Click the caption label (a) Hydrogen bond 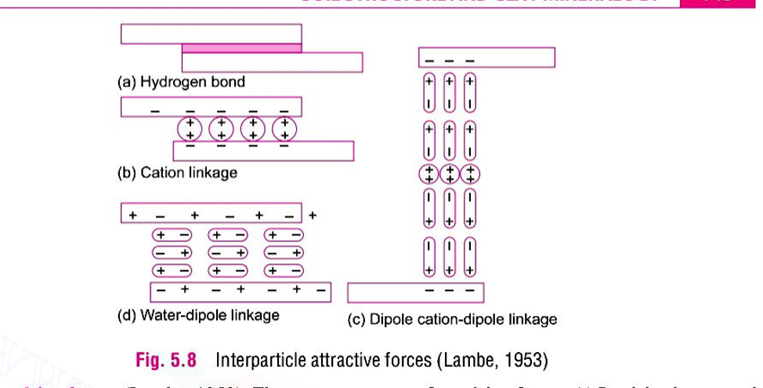coord(181,81)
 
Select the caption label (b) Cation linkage coord(177,172)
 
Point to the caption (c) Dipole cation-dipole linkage coord(452,319)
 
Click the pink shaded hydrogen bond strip coord(241,48)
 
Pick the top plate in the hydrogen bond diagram coord(211,33)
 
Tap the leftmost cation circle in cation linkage coord(190,129)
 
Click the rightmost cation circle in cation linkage coord(285,129)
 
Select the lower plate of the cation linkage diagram coord(263,151)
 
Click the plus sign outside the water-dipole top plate coord(313,214)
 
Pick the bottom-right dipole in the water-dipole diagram coord(284,270)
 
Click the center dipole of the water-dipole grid coord(228,252)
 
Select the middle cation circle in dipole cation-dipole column coord(449,174)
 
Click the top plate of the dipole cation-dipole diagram coord(486,58)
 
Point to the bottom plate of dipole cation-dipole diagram coord(415,293)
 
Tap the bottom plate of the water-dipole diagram coord(240,292)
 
